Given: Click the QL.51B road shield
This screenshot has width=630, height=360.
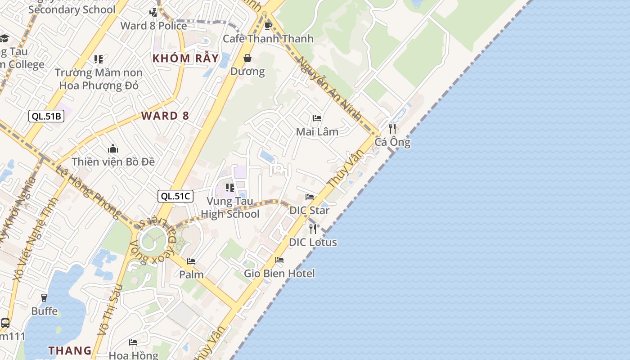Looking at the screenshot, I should (46, 116).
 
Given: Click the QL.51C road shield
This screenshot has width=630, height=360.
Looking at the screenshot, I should (175, 196).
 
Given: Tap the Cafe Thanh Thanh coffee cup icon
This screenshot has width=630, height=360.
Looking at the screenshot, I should (268, 26).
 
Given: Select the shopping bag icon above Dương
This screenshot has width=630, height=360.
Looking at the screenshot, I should (247, 58).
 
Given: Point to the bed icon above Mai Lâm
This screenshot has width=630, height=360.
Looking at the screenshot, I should (317, 118).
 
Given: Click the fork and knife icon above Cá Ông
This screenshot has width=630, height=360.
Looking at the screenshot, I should (392, 129).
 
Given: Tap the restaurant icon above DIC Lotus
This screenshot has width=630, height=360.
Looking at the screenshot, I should (313, 229).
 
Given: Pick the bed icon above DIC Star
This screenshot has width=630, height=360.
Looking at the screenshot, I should (310, 197).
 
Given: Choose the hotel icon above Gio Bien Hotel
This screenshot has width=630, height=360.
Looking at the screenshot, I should (279, 260).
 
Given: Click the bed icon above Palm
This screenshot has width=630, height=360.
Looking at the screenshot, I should (191, 261).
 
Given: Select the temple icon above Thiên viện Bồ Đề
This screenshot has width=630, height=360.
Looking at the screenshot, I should (113, 148).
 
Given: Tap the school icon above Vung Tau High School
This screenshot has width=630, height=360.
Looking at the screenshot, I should (230, 188).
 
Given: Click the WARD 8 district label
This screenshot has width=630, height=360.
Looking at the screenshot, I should (165, 116).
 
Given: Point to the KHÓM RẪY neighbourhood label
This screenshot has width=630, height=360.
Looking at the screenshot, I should (185, 58).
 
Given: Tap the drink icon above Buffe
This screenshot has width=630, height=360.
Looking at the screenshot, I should (44, 298).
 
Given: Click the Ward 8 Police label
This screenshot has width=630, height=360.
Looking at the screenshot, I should (153, 26).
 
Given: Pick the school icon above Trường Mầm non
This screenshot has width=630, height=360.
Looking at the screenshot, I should (99, 59).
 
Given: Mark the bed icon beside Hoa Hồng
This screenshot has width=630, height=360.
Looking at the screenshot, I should (133, 342).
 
